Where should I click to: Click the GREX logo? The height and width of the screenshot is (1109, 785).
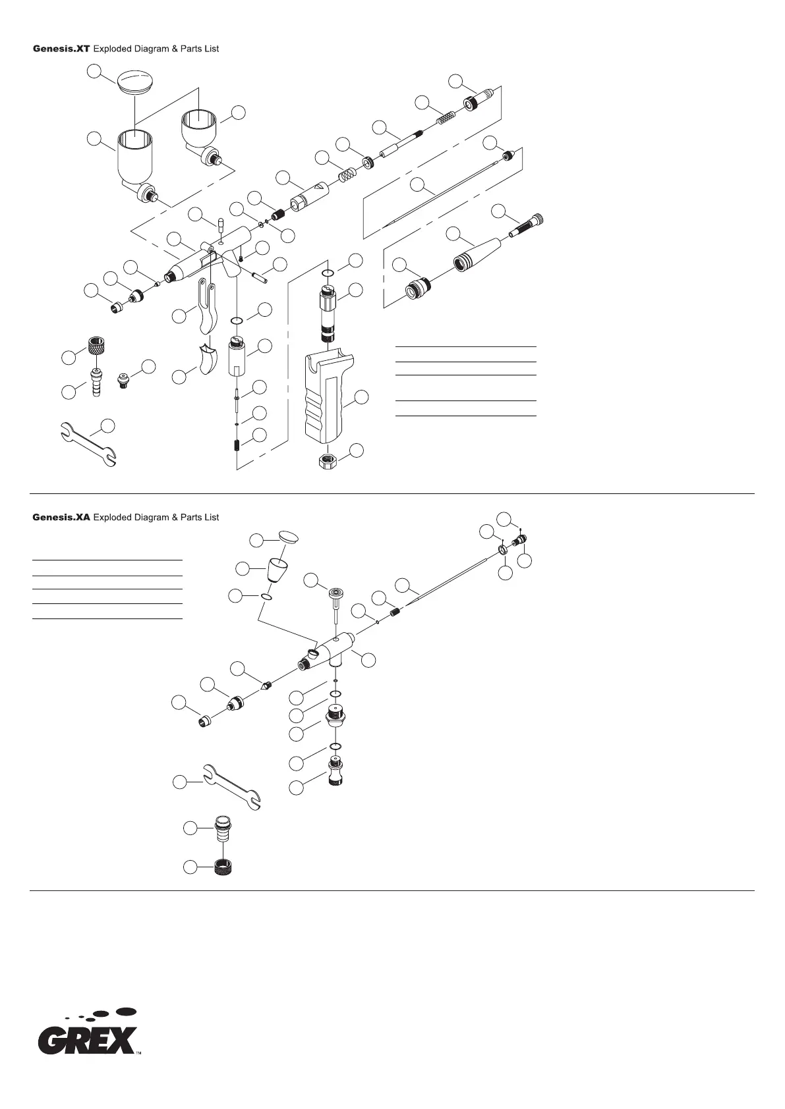pyautogui.click(x=88, y=1039)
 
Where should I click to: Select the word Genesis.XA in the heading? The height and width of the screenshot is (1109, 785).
pyautogui.click(x=61, y=518)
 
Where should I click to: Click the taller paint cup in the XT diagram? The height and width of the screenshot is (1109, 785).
pyautogui.click(x=136, y=158)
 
